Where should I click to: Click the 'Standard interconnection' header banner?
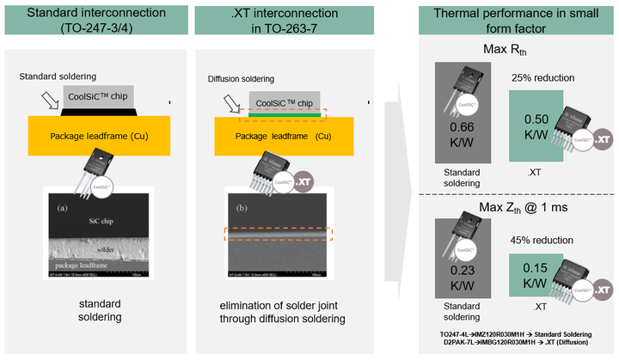click(x=96, y=20)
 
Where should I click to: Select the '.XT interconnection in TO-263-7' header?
click(x=285, y=20)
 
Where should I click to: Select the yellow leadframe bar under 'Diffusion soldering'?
click(x=285, y=137)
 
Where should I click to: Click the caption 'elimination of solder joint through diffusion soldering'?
click(x=285, y=310)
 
